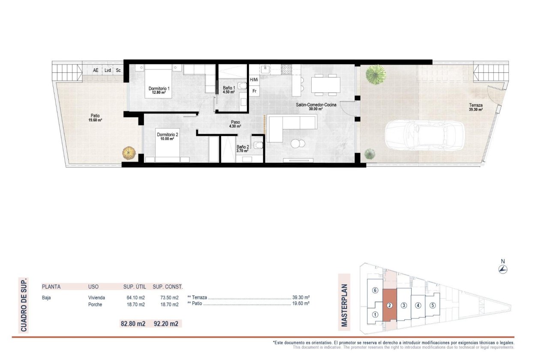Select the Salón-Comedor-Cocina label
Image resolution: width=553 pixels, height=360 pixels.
point(316,105)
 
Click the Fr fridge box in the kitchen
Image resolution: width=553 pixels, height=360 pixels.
point(254,91)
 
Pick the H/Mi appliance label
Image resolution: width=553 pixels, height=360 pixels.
point(254,80)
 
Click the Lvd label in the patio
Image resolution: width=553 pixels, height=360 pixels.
point(108,70)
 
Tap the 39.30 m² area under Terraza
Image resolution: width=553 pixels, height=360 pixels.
point(476,110)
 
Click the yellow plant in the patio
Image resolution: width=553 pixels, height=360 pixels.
point(128,152)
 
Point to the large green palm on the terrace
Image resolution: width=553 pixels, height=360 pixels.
point(375,74)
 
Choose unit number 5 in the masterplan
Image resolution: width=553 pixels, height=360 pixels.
point(433,306)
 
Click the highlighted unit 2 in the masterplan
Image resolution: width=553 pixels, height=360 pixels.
point(389,306)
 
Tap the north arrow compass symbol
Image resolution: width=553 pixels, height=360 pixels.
point(504,269)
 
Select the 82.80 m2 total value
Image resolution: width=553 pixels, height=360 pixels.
point(133,324)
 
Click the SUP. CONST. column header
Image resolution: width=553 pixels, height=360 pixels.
point(168,287)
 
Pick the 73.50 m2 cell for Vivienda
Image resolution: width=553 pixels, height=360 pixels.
point(166,297)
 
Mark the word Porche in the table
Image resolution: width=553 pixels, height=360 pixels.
point(95,305)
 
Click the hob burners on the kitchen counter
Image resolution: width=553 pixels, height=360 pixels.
point(286,68)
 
